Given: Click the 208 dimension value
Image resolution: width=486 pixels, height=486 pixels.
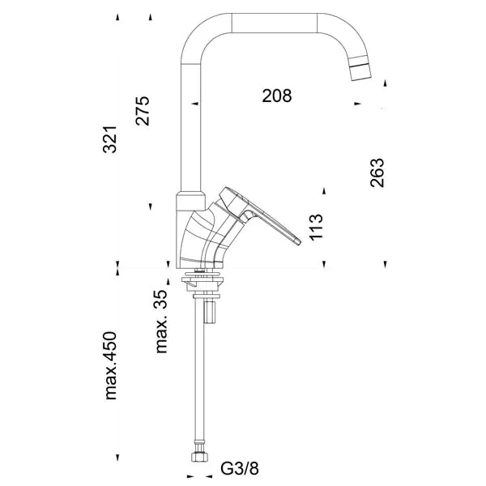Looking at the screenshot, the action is pyautogui.click(x=277, y=96).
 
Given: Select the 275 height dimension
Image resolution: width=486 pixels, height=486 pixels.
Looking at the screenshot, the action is pyautogui.click(x=143, y=111).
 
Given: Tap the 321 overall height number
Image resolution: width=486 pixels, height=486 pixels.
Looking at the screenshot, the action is pyautogui.click(x=109, y=139).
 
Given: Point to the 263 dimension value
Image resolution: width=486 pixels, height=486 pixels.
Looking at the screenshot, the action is pyautogui.click(x=377, y=173).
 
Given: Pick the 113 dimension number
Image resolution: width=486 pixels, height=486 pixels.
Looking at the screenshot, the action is pyautogui.click(x=316, y=227).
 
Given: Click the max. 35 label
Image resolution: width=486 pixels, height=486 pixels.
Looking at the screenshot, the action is pyautogui.click(x=161, y=322).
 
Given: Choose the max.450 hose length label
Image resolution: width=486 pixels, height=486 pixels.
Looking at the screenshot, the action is pyautogui.click(x=111, y=366).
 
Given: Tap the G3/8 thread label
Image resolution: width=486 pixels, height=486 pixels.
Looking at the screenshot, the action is pyautogui.click(x=240, y=468).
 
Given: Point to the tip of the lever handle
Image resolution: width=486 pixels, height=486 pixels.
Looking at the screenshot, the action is pyautogui.click(x=298, y=241).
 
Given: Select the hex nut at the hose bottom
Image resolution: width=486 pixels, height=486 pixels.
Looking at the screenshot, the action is pyautogui.click(x=199, y=457).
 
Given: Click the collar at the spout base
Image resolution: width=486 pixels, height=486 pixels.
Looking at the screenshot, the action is pyautogui.click(x=191, y=202).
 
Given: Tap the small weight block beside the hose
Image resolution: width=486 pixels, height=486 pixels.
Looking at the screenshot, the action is pyautogui.click(x=210, y=312).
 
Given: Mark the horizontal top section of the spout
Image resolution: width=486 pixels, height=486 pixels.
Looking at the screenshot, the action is pyautogui.click(x=275, y=23).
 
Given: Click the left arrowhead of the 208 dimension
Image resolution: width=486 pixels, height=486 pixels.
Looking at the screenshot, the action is pyautogui.click(x=194, y=104).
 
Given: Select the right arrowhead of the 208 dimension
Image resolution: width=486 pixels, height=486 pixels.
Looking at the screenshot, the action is pyautogui.click(x=358, y=104).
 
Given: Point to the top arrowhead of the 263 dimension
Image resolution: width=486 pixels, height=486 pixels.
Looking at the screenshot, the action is pyautogui.click(x=385, y=83).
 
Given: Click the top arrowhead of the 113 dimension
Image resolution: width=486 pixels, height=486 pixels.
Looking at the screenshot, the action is pyautogui.click(x=324, y=191).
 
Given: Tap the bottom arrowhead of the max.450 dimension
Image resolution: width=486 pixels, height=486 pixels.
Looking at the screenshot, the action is pyautogui.click(x=117, y=458).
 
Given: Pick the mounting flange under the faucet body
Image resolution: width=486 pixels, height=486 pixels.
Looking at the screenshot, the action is pyautogui.click(x=202, y=280).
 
